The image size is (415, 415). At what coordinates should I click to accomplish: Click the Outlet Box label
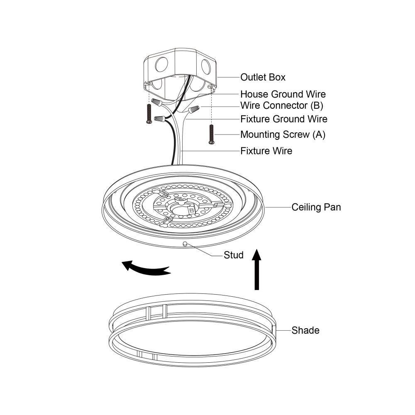click(263, 77)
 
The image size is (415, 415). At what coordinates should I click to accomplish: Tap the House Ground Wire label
click(283, 94)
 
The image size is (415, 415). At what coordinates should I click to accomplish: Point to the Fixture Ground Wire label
click(284, 119)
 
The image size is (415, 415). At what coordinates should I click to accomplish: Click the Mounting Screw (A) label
click(283, 134)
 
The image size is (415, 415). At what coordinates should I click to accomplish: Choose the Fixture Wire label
click(266, 151)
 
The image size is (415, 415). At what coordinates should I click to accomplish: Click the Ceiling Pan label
click(316, 207)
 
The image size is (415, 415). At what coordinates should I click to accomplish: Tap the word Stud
click(234, 255)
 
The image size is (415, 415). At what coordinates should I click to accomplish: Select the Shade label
click(305, 330)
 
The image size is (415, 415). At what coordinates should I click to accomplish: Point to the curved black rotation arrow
click(145, 268)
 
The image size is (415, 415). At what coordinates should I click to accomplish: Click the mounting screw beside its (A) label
click(211, 134)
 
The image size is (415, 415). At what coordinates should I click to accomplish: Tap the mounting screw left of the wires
click(149, 113)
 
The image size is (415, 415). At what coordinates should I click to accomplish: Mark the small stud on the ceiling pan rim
click(185, 244)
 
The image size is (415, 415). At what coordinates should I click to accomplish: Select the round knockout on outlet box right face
click(205, 66)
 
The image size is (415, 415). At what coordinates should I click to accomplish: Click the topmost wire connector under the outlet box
click(156, 101)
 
